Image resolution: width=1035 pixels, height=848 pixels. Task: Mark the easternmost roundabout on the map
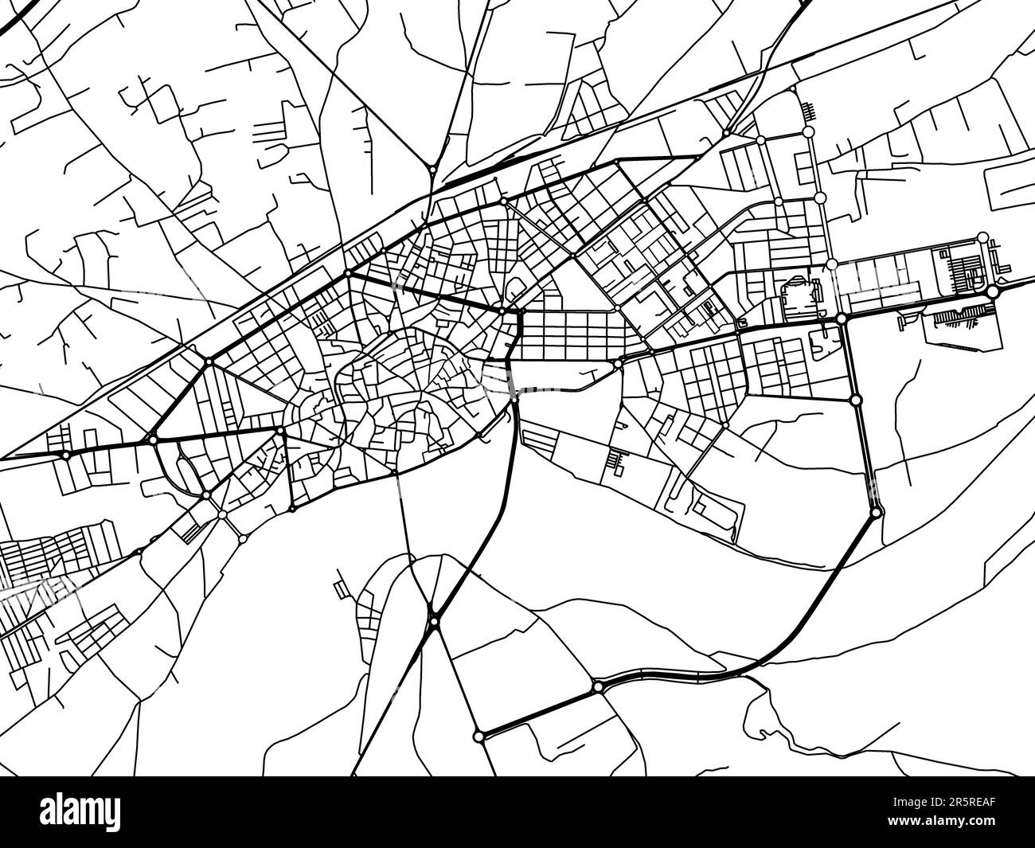pyautogui.click(x=993, y=293)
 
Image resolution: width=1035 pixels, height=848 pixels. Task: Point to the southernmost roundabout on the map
pyautogui.click(x=478, y=737)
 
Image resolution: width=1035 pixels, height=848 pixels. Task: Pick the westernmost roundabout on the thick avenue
pyautogui.click(x=65, y=455)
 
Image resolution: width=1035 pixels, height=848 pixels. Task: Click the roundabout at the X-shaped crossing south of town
pyautogui.click(x=434, y=620)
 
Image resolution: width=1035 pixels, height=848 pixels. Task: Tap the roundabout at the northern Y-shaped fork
pyautogui.click(x=432, y=168)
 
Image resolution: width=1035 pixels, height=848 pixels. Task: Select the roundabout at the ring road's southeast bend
pyautogui.click(x=876, y=514)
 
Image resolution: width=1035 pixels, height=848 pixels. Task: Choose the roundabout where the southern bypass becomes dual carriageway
pyautogui.click(x=597, y=686)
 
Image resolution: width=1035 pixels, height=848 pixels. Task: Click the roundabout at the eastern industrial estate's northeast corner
pyautogui.click(x=983, y=236)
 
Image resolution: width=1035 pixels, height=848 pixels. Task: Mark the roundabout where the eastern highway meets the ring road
pyautogui.click(x=842, y=318)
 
